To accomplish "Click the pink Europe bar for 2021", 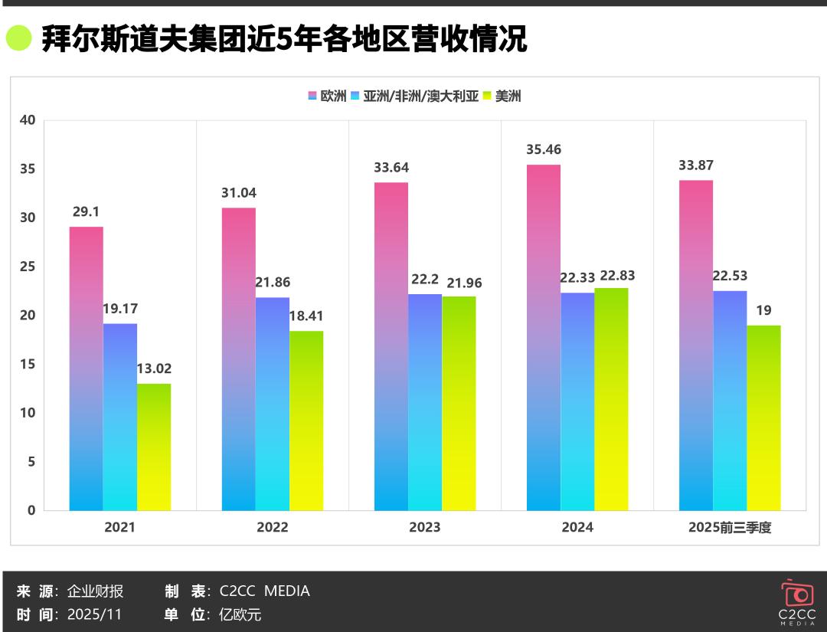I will [87, 368].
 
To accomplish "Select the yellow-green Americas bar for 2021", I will [154, 447].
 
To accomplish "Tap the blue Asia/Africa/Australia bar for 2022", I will [273, 404].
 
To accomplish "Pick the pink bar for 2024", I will [544, 337].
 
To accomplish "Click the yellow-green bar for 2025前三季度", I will [763, 418].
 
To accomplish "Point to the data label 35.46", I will [544, 149].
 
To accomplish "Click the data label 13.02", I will [154, 368].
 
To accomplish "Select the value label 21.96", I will [459, 283].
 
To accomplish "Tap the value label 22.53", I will [730, 276].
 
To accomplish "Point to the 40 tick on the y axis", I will [28, 120].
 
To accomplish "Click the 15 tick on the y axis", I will [28, 364].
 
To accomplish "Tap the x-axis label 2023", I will [425, 527].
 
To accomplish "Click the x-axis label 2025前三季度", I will [730, 527].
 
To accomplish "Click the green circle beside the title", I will [18, 38].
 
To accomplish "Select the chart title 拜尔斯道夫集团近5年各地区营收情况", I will [283, 38].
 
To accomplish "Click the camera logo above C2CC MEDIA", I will [797, 594].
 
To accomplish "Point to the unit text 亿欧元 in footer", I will [240, 614].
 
